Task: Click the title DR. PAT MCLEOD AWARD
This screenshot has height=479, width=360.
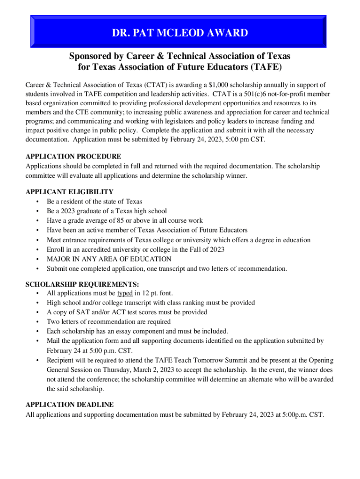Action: click(180, 33)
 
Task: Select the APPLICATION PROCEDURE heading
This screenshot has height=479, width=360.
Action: click(73, 156)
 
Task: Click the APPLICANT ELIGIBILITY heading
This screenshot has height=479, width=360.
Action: click(69, 192)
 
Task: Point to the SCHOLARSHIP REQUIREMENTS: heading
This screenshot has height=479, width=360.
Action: click(82, 284)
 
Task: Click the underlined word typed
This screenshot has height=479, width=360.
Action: click(125, 293)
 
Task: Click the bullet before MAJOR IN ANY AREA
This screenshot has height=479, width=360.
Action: click(37, 259)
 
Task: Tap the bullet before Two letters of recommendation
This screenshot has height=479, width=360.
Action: click(37, 322)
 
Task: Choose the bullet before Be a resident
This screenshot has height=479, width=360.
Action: click(37, 202)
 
